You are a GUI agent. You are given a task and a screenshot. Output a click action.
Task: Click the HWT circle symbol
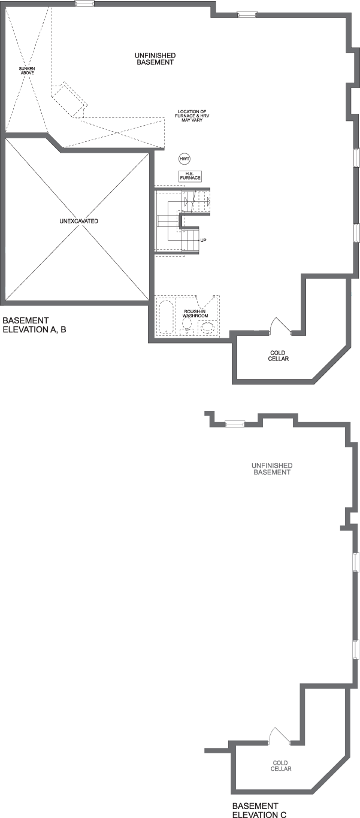tap(184, 159)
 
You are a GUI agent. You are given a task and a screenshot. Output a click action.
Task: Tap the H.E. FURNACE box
tap(190, 176)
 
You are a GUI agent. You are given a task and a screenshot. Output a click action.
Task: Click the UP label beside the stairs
tap(204, 240)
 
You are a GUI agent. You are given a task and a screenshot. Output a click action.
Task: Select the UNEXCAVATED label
tap(78, 221)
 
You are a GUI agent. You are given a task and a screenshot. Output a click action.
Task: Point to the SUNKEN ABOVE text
tap(27, 71)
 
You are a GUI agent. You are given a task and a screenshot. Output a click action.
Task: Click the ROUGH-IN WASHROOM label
tap(196, 313)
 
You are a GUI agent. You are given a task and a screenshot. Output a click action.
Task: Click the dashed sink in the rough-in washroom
tap(208, 327)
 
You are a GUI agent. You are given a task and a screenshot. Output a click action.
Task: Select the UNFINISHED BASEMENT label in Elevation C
tap(272, 468)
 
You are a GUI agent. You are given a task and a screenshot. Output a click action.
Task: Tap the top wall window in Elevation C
tap(234, 424)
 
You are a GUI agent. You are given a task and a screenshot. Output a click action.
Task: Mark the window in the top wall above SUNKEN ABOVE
tap(84, 4)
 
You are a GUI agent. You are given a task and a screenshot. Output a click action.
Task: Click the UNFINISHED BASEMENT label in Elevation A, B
tap(155, 58)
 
